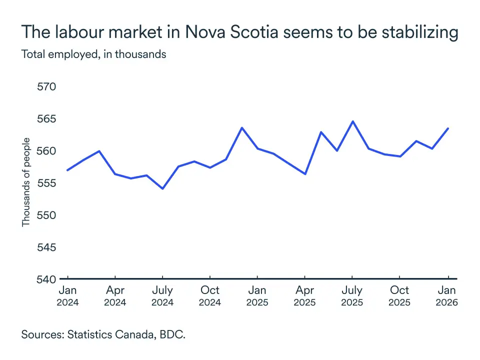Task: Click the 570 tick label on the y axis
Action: [x=46, y=87]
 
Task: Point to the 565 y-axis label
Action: [x=46, y=119]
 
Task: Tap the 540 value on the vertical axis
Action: [x=46, y=279]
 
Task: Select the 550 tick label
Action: [x=46, y=215]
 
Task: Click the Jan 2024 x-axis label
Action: [x=67, y=296]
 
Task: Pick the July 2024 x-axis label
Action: [x=162, y=296]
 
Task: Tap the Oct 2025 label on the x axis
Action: [x=399, y=296]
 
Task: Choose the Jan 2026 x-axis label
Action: [x=447, y=296]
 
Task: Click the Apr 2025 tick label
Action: [x=305, y=296]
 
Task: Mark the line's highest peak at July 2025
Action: [x=352, y=121]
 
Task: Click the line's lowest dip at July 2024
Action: [x=162, y=188]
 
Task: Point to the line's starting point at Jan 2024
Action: [x=67, y=170]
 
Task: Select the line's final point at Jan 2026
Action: [x=447, y=128]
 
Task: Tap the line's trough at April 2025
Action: [x=305, y=174]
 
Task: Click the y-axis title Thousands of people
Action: [x=26, y=182]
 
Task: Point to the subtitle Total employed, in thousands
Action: [x=93, y=54]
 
